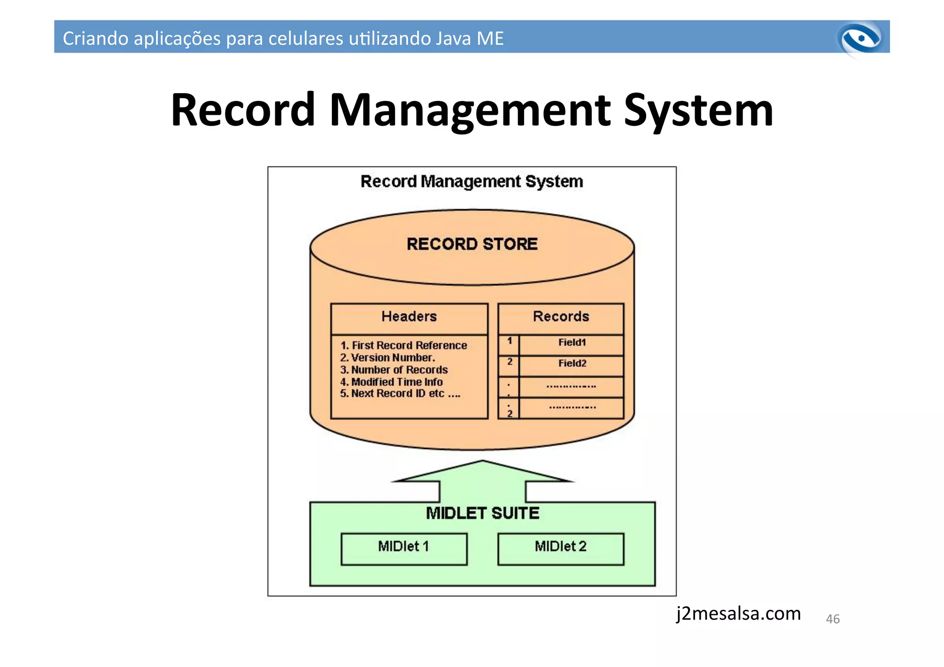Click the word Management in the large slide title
point(470,111)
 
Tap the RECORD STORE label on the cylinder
point(472,244)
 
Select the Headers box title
point(409,317)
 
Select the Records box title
point(560,317)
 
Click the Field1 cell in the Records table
point(572,342)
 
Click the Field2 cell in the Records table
point(572,363)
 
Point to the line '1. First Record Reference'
point(403,345)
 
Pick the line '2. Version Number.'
point(387,358)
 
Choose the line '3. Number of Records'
point(394,370)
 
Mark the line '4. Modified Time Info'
point(391,382)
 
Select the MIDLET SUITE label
point(482,514)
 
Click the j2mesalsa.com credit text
point(738,614)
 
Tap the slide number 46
point(832,619)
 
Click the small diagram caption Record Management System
point(472,182)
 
